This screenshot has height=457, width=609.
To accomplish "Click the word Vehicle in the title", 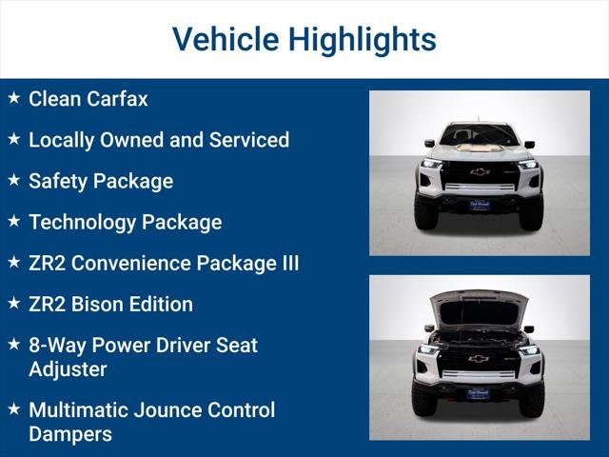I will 224,40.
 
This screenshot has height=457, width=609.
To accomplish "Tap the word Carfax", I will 118,99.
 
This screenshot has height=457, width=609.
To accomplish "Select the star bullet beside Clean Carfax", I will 13,98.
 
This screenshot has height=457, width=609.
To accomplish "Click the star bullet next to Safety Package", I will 13,180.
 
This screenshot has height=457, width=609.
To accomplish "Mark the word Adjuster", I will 68,369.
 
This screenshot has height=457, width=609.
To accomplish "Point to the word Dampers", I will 70,434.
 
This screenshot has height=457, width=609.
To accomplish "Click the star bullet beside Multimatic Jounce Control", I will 13,409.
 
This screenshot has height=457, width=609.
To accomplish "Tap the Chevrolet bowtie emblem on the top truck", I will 479,172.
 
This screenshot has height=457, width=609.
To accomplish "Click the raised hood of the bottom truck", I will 479,307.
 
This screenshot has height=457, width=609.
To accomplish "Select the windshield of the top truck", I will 479,135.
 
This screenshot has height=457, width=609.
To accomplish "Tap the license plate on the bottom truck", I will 479,391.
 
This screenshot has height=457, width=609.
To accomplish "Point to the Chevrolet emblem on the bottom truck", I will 479,359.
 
